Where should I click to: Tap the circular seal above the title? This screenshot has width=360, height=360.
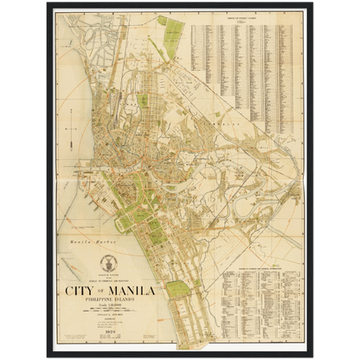(108, 264)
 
